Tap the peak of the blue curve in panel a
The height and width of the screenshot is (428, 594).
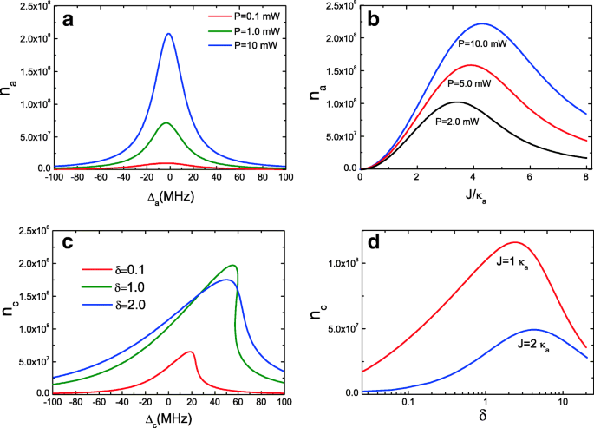click(x=168, y=34)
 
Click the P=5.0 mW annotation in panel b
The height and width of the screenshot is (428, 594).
click(x=473, y=85)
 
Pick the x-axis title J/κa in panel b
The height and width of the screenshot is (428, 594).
click(x=473, y=199)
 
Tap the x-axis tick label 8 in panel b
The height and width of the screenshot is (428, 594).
click(x=586, y=179)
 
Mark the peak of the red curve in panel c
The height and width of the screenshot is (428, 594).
click(x=190, y=352)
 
